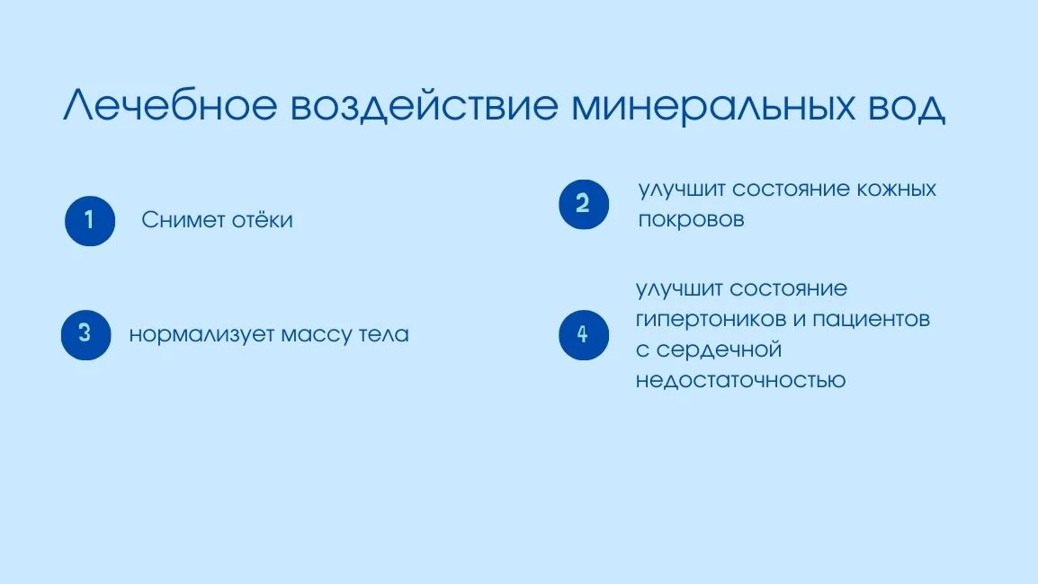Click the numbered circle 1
pos(90,220)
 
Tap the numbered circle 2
pos(584,204)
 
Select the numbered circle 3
pos(85,334)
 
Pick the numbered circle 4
pos(583,335)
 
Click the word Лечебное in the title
pos(170,107)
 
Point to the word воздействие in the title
pos(423,107)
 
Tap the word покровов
pos(691,220)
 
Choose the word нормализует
pos(201,335)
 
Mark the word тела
pos(384,335)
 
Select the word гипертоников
pos(702,320)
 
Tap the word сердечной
pos(718,350)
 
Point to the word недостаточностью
pos(740,380)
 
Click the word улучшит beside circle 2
pos(681,190)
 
